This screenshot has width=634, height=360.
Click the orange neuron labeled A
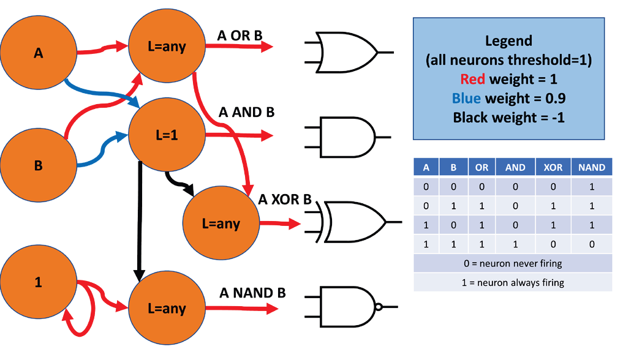pos(38,54)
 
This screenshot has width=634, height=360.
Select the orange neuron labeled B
pos(38,165)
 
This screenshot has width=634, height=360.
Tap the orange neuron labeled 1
pos(38,283)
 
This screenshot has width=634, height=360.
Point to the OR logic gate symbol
pos(346,52)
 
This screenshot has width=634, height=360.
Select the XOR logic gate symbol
pos(352,220)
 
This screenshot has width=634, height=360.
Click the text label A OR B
pos(240,36)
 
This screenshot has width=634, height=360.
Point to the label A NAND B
pos(252,293)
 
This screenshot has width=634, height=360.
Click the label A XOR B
pos(285,200)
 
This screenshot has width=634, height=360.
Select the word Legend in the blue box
pos(508,41)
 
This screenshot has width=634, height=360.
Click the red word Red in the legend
pos(472,79)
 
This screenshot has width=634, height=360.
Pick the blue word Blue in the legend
pos(467,98)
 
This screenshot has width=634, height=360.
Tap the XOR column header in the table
pos(553,167)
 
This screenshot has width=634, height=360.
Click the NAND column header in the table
pos(591,167)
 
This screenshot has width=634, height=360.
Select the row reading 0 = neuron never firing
pos(513,263)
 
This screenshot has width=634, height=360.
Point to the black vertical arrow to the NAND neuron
pos(139,220)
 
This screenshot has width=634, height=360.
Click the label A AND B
pos(247,113)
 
